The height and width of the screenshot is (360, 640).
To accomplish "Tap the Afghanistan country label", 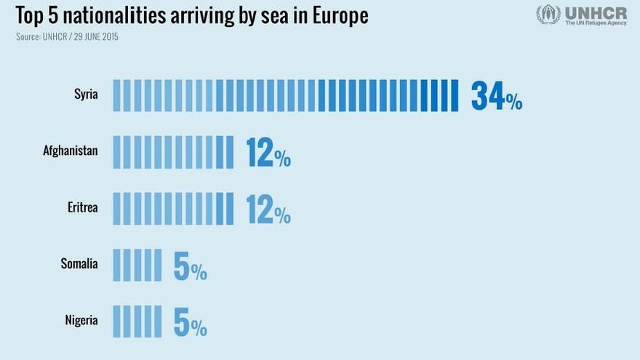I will point(71,151).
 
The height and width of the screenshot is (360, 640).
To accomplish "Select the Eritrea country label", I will point(82,207).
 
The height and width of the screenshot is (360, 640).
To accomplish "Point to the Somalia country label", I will point(79,263).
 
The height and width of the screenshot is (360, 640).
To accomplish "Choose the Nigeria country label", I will point(81,319).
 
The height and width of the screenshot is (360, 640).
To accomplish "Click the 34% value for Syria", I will point(496,96).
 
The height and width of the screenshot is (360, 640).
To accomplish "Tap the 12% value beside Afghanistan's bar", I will point(268,152).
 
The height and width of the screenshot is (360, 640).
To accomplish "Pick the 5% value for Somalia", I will point(190,266).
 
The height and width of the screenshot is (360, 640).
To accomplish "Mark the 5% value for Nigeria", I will point(190,322).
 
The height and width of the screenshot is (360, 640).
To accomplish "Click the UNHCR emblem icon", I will point(548,15).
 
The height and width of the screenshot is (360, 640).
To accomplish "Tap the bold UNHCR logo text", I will point(595,12).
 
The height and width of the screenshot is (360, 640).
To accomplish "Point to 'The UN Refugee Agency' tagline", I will point(595,23).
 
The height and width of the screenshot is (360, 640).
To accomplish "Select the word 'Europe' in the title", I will point(340,15).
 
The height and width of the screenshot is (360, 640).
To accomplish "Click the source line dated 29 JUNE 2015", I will point(67,36).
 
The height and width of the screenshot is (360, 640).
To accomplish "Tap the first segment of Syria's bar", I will point(116,95).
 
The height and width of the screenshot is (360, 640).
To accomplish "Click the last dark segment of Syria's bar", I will point(455,95).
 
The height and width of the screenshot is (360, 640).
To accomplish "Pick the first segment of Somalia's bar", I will point(116,265).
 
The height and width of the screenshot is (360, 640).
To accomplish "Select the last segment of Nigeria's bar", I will point(158,321).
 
